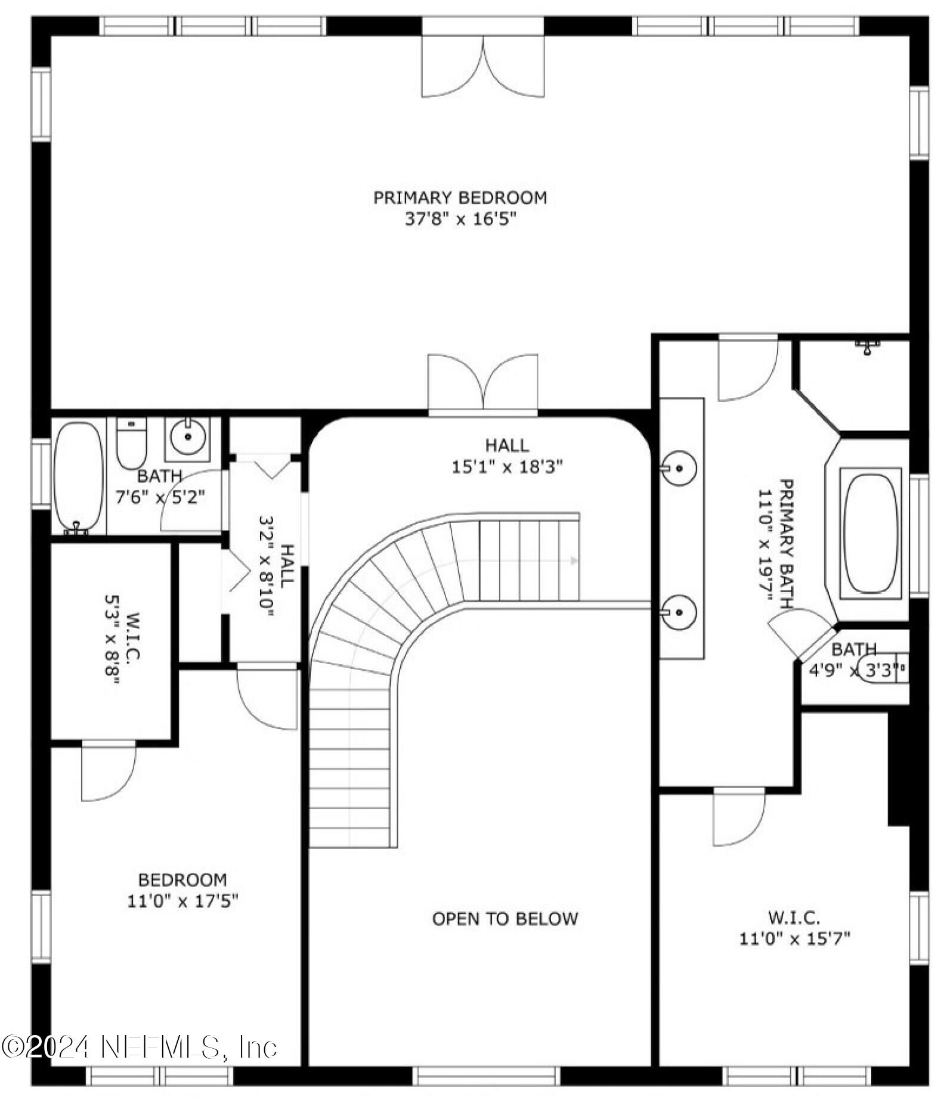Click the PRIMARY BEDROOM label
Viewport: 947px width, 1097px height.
[460, 197]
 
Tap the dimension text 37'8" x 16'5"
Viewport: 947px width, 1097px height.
[460, 219]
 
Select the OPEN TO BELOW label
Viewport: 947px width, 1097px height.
[505, 919]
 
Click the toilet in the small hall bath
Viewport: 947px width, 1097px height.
[131, 443]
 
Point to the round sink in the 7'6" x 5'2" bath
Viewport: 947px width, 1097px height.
[188, 437]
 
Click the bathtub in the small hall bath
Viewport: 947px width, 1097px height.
[78, 476]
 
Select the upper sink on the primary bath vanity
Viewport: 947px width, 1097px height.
[679, 468]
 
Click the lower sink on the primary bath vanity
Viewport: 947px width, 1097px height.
[679, 611]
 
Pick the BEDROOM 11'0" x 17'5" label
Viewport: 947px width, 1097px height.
[182, 890]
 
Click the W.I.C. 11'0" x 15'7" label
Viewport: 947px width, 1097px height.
[794, 928]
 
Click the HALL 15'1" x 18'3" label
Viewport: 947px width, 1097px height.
[507, 456]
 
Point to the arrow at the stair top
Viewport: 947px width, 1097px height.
[574, 560]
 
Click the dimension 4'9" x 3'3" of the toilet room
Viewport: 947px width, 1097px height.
[853, 671]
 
